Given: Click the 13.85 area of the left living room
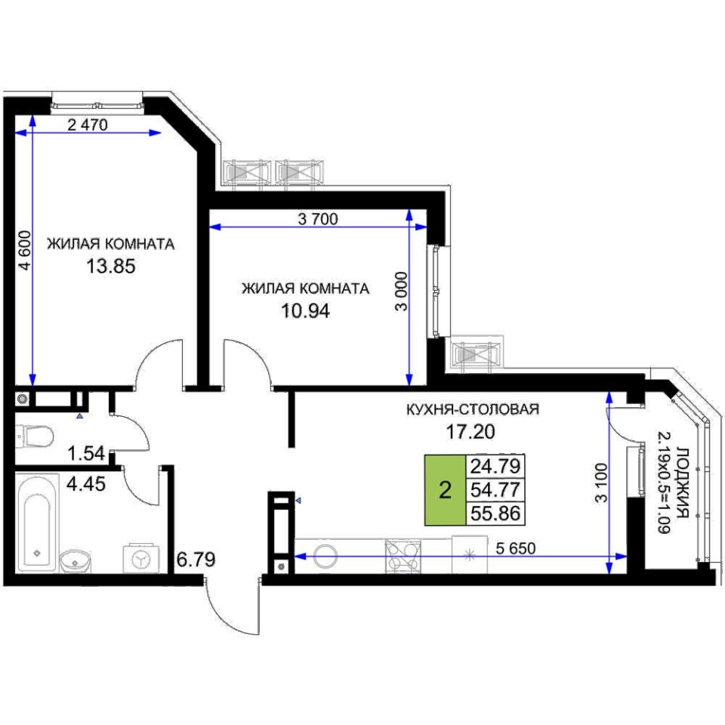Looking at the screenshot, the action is click(111, 267).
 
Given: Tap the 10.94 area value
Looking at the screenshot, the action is click(306, 310).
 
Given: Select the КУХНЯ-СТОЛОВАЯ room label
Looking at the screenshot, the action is click(473, 409).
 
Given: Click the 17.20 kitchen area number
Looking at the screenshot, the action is click(470, 431).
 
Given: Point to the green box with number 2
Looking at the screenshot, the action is click(445, 490).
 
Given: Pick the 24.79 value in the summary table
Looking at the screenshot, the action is click(495, 466).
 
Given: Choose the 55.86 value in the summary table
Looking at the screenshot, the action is click(495, 514).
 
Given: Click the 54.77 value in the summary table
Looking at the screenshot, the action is click(495, 489).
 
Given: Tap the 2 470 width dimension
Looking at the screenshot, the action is click(88, 125).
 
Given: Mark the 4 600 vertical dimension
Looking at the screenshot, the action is click(25, 250).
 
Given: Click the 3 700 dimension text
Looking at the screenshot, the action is click(318, 219).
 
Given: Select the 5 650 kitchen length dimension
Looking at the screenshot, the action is click(516, 548).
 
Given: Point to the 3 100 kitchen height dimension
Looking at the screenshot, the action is click(600, 483).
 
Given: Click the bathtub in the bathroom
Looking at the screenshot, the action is click(37, 523).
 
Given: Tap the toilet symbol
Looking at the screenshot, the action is click(35, 437).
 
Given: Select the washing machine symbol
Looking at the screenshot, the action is click(141, 559).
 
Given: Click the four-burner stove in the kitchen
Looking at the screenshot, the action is click(403, 557).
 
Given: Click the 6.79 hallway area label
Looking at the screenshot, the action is click(196, 560).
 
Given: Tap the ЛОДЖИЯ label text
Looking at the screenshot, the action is click(682, 483).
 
